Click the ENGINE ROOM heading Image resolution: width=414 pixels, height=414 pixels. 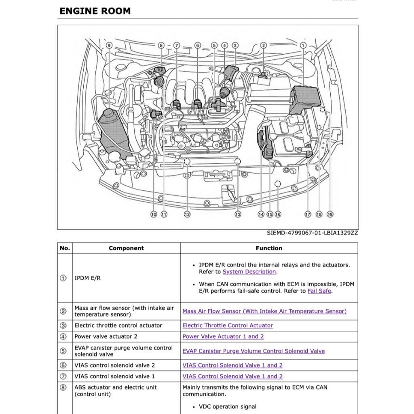95,11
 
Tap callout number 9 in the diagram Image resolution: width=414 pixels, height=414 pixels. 109,46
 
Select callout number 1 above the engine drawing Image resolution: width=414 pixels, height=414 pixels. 303,46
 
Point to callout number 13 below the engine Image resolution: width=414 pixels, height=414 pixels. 238,214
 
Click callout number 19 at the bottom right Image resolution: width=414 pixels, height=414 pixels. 330,214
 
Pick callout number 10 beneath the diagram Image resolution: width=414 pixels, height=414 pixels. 154,214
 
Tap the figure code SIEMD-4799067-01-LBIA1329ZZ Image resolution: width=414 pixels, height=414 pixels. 312,233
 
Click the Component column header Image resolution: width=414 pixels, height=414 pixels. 126,248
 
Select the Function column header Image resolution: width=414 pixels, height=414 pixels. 269,248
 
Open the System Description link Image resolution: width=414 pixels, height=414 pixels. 249,272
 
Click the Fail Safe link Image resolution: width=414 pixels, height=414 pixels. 319,291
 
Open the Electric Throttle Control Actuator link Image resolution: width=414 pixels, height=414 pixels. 228,325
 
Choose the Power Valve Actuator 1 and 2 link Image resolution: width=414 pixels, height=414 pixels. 223,336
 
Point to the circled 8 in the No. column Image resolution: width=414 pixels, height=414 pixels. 63,387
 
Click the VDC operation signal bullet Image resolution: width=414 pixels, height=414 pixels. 228,407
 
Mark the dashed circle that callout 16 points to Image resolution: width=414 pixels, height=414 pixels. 278,184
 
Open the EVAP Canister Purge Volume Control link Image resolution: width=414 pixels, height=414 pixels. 253,351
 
